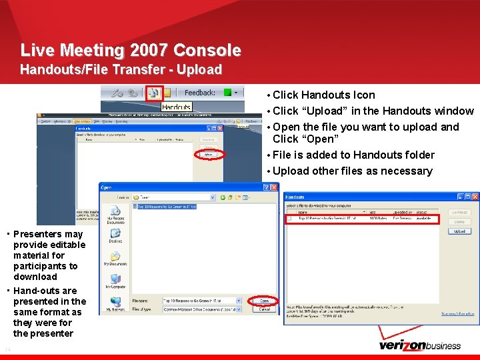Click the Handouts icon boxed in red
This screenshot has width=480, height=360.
click(x=154, y=93)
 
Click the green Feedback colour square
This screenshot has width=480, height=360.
click(x=227, y=93)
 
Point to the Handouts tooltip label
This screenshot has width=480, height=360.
click(x=177, y=107)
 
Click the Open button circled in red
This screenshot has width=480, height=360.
click(x=265, y=301)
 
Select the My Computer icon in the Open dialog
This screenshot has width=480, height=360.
click(x=115, y=281)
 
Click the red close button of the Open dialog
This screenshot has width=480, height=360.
click(x=274, y=187)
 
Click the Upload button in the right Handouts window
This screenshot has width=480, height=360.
click(x=459, y=231)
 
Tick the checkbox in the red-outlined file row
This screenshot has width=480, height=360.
click(x=290, y=219)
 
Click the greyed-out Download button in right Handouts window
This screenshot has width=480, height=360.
click(x=459, y=213)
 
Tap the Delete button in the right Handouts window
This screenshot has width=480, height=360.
click(x=459, y=222)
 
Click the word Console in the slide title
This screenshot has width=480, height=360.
click(x=207, y=50)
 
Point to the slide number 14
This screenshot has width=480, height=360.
click(x=7, y=350)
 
